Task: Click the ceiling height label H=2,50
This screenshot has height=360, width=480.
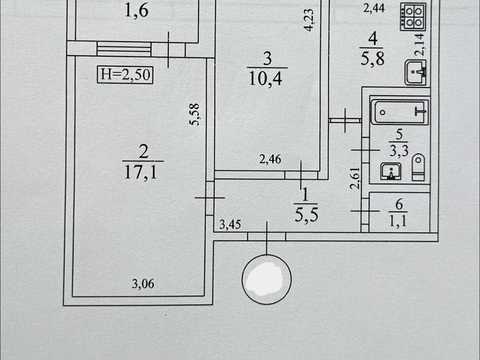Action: click(x=125, y=74)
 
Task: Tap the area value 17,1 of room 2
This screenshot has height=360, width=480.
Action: click(x=140, y=173)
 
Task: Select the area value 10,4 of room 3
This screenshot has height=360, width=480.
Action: click(x=265, y=79)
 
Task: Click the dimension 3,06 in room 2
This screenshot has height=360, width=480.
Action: click(x=143, y=284)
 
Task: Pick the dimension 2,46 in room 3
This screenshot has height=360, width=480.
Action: click(x=270, y=159)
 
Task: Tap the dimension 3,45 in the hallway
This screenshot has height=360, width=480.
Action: click(x=230, y=225)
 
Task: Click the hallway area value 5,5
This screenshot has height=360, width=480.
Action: click(x=307, y=215)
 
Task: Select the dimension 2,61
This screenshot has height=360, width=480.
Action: click(x=355, y=179)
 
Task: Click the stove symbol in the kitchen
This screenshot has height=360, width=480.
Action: click(x=414, y=17)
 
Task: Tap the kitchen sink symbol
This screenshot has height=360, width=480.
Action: click(x=416, y=72)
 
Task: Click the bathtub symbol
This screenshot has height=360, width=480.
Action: click(x=400, y=112)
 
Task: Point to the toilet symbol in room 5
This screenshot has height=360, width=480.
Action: click(x=418, y=167)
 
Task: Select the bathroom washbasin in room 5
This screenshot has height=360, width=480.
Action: click(x=391, y=171)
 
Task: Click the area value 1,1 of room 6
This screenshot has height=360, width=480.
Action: click(x=398, y=221)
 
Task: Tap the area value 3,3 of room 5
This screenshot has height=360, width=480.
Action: click(x=399, y=151)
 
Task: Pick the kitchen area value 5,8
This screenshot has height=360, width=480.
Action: click(x=372, y=58)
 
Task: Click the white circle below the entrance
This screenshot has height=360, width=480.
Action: click(x=267, y=279)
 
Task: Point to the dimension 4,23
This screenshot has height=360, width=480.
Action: click(x=309, y=20)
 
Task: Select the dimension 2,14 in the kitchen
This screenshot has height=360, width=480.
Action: click(x=419, y=44)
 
